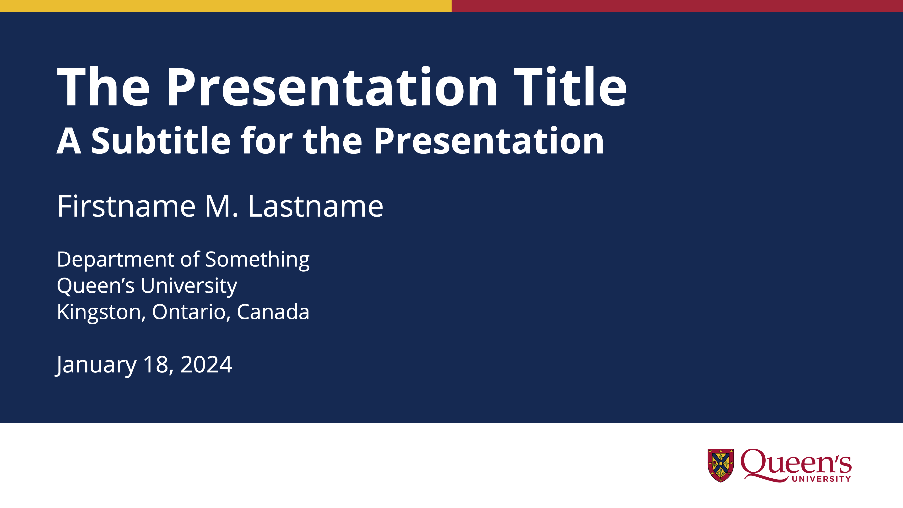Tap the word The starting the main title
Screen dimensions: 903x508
(103, 86)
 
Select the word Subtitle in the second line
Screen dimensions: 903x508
(161, 140)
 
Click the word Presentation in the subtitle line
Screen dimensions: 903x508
(489, 140)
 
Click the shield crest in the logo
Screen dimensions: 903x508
(721, 465)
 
